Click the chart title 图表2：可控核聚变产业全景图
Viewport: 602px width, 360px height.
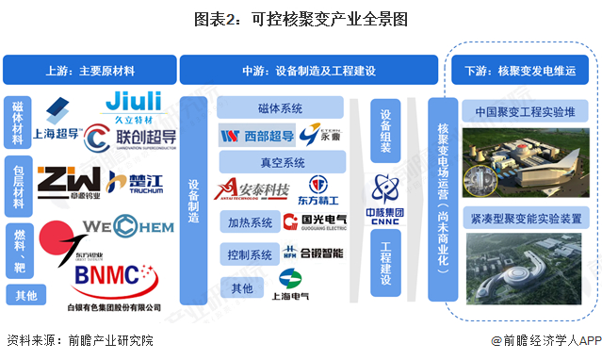301,18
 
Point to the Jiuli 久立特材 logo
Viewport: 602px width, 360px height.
134,104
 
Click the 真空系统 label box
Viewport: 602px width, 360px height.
281,162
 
